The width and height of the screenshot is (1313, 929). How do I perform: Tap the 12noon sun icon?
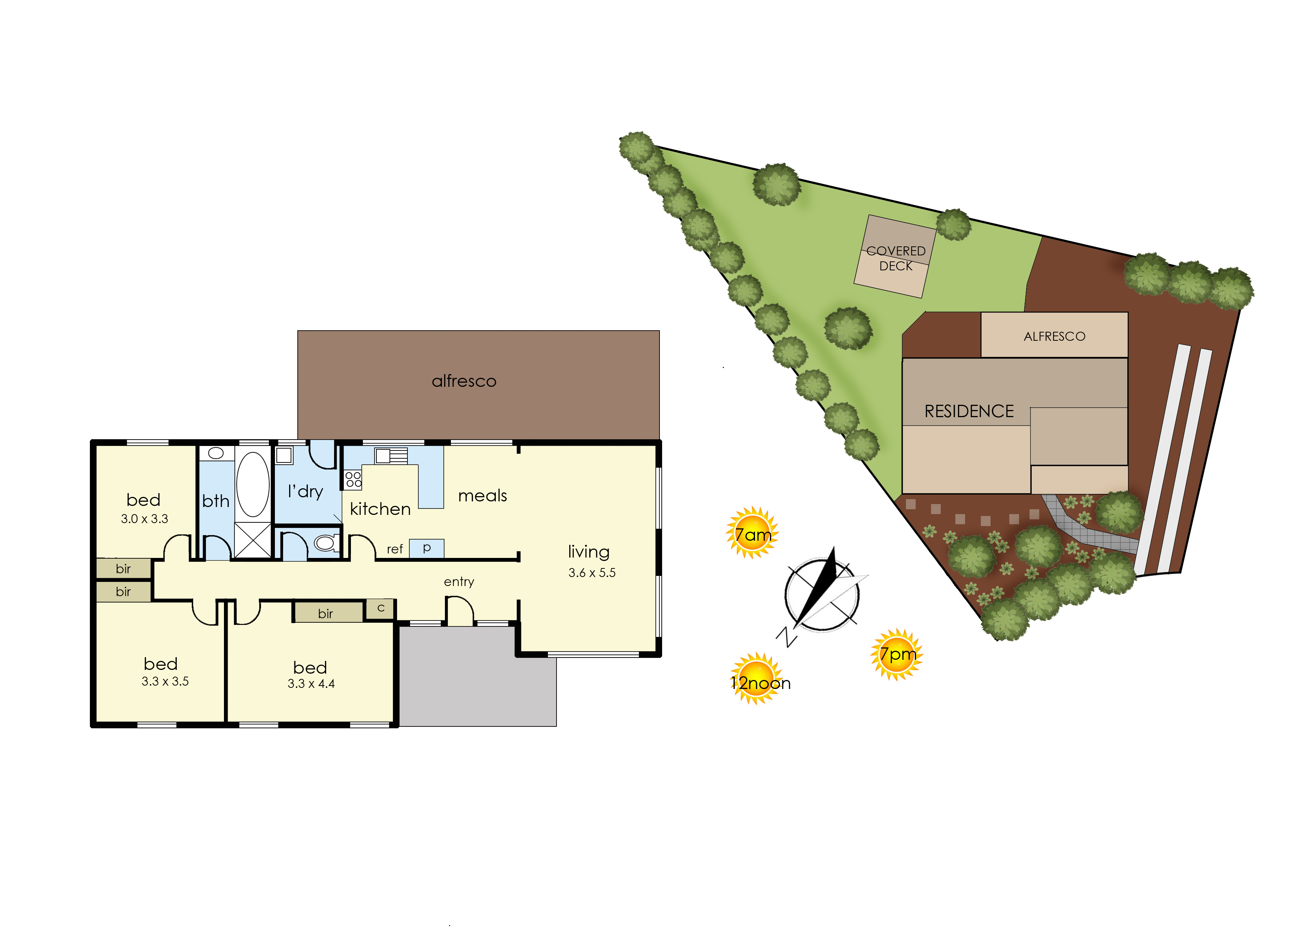[x=757, y=679]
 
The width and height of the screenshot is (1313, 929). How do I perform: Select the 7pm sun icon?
[x=897, y=655]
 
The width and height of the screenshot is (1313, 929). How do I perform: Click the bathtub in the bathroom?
[x=252, y=484]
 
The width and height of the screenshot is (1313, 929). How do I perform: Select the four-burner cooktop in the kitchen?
[x=354, y=479]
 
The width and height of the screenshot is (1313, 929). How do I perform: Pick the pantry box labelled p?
[x=427, y=548]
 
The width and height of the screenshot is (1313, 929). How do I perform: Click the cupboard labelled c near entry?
[x=380, y=608]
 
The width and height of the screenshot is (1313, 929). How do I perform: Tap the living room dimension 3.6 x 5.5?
[x=592, y=573]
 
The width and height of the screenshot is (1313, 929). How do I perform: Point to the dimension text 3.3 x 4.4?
[x=311, y=684]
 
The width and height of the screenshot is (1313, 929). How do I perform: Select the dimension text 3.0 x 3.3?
[x=144, y=519]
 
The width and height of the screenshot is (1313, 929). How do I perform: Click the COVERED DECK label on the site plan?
[x=896, y=259]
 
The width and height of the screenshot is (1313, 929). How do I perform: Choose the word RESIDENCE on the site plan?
[x=969, y=411]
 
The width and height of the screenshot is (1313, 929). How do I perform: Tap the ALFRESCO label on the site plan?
[x=1054, y=336]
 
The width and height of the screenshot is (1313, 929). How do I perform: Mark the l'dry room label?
[x=306, y=491]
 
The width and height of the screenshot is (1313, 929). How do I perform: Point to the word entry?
[x=459, y=582]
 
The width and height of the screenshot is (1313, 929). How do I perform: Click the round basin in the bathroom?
[x=216, y=453]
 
